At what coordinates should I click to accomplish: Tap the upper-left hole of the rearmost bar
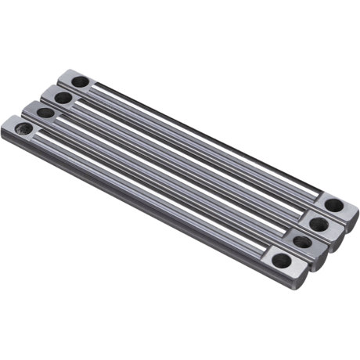tap(79, 81)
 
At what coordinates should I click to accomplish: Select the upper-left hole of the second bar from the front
tap(46, 113)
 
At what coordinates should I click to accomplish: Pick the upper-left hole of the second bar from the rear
tap(62, 97)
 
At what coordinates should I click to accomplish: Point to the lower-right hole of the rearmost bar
tap(333, 204)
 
